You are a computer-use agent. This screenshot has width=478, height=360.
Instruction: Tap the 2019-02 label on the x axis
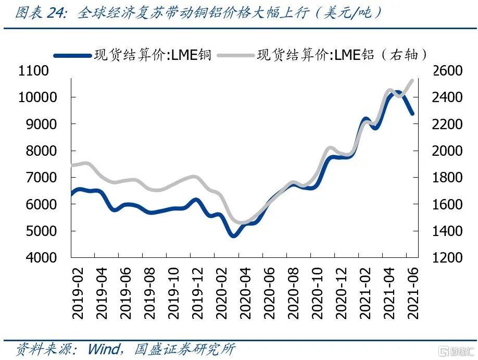(78, 295)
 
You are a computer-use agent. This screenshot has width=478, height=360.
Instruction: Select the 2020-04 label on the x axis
(245, 295)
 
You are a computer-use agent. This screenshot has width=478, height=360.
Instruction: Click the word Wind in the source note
(104, 348)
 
